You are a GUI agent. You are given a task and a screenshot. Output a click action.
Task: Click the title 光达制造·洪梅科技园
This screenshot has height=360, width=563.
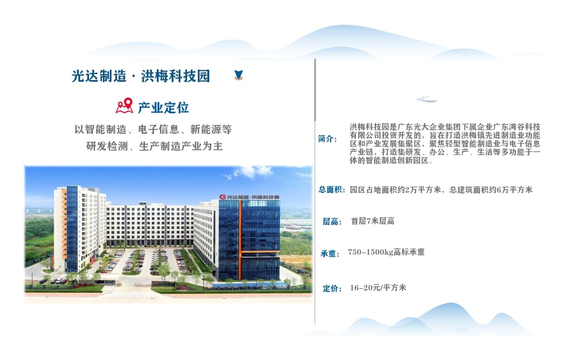pyautogui.click(x=141, y=76)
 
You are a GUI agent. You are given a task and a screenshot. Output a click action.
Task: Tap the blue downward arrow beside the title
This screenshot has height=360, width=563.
pyautogui.click(x=238, y=75)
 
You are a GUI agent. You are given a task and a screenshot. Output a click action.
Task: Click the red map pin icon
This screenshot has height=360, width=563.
pyautogui.click(x=125, y=106)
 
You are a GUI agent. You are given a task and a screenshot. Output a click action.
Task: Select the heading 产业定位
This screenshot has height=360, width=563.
pyautogui.click(x=163, y=107)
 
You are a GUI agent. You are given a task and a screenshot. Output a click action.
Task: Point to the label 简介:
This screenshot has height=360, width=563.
pyautogui.click(x=328, y=139)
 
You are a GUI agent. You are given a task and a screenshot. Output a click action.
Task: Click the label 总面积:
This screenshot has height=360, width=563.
pyautogui.click(x=332, y=189)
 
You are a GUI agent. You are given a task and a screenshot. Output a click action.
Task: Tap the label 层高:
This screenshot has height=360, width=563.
pyautogui.click(x=332, y=222)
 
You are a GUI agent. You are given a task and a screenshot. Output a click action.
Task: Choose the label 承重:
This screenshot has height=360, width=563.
pyautogui.click(x=330, y=254)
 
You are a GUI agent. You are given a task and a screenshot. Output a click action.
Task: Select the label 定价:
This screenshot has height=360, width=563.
pyautogui.click(x=332, y=288)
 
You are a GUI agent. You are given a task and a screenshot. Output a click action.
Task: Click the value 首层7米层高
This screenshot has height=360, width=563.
pyautogui.click(x=373, y=221)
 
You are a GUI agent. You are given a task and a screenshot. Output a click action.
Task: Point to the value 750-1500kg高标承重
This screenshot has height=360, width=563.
pyautogui.click(x=386, y=252)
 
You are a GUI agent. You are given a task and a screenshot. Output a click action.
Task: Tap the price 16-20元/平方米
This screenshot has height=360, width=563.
pyautogui.click(x=378, y=287)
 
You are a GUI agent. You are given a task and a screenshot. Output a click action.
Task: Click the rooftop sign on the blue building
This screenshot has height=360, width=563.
pyautogui.click(x=249, y=197)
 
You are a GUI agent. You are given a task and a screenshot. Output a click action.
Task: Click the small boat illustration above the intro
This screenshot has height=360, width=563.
pyautogui.click(x=426, y=99)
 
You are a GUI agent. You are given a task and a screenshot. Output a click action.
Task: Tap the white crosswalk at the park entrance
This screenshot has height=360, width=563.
pyautogui.click(x=132, y=295)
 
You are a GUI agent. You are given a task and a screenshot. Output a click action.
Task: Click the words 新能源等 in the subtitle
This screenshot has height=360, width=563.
pyautogui.click(x=211, y=129)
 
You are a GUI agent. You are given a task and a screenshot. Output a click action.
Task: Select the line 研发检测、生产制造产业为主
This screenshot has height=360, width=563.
pyautogui.click(x=154, y=146)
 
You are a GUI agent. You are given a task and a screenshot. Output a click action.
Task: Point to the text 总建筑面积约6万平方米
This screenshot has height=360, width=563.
pyautogui.click(x=491, y=189)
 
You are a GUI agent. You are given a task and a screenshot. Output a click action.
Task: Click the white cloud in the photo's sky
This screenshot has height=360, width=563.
pyautogui.click(x=251, y=172)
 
